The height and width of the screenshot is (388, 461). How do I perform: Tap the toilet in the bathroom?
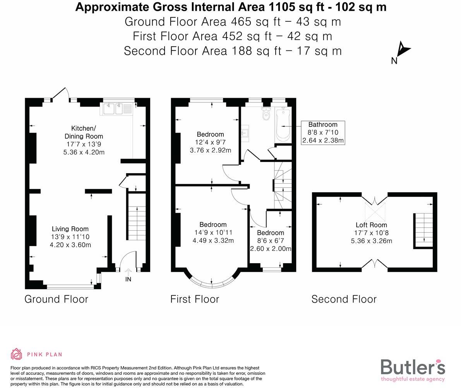pyautogui.click(x=266, y=114)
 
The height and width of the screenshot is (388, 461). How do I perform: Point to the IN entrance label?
pyautogui.click(x=128, y=279)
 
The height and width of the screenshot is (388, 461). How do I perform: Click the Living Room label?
pyautogui.click(x=70, y=229)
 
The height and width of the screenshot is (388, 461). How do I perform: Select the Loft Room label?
pyautogui.click(x=371, y=225)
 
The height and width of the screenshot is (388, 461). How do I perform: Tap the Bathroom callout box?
pyautogui.click(x=323, y=133)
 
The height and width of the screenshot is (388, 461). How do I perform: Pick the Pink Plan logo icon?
pyautogui.click(x=17, y=354)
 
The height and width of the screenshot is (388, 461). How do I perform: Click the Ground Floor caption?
pyautogui.click(x=56, y=299)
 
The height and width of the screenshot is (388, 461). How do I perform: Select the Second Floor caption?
pyautogui.click(x=344, y=299)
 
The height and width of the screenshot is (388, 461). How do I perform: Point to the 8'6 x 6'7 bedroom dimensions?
pyautogui.click(x=270, y=241)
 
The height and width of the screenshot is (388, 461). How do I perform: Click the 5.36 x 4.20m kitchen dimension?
pyautogui.click(x=84, y=152)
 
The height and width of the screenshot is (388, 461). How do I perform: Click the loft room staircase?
pyautogui.click(x=423, y=230)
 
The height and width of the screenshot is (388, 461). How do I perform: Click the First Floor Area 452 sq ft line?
pyautogui.click(x=232, y=36)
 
